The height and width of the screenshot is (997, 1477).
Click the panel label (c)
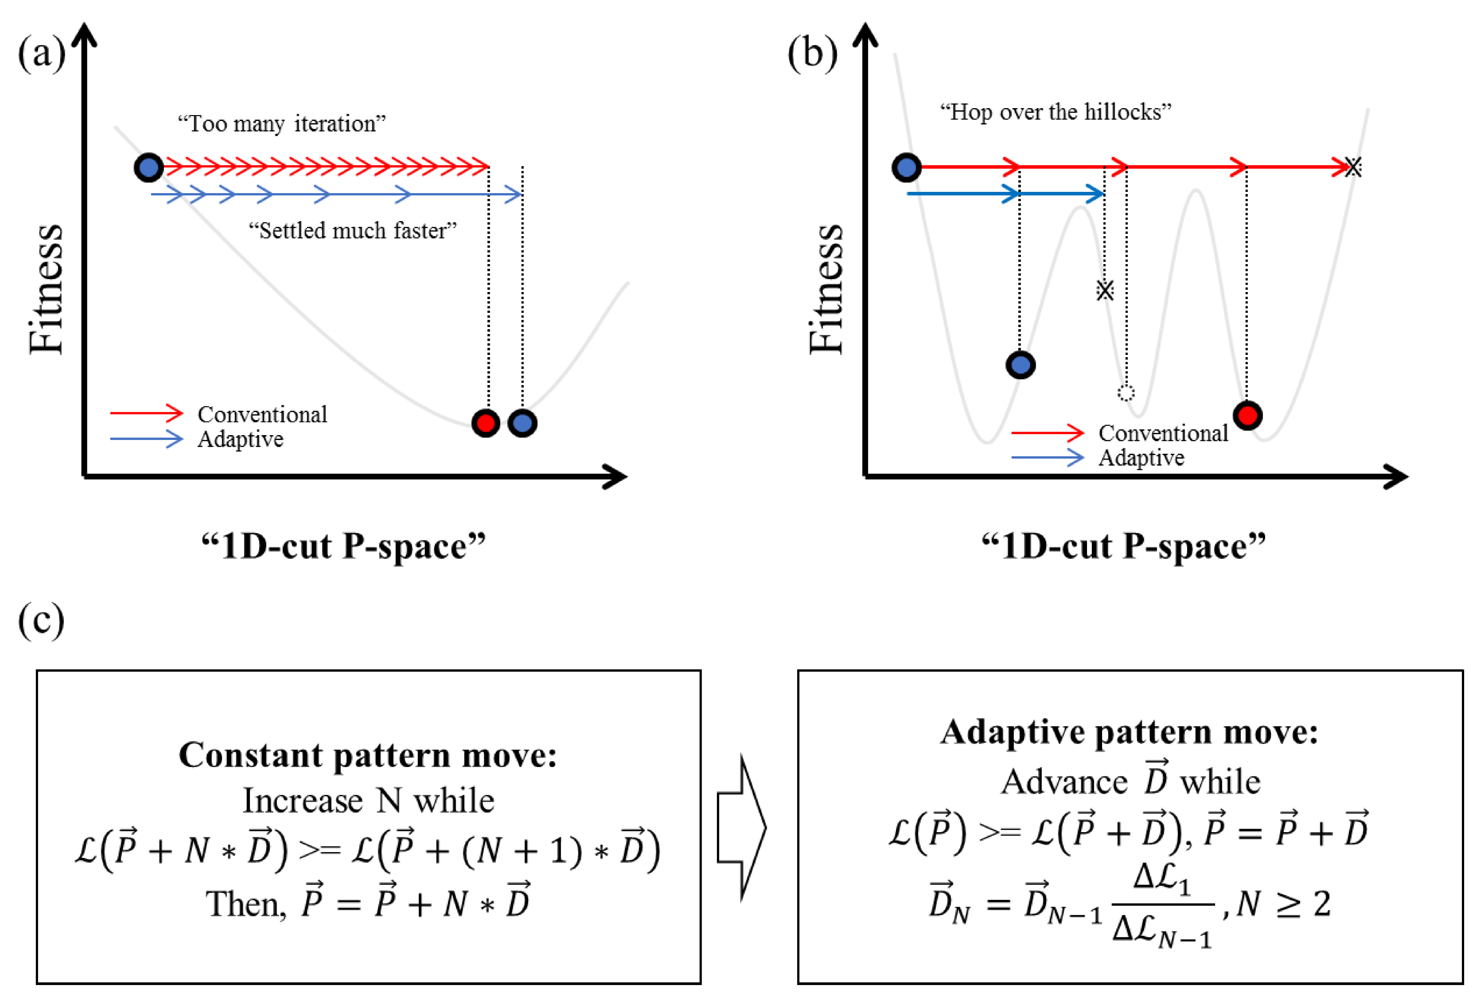pos(41,619)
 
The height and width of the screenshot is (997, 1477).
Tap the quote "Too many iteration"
pos(281,123)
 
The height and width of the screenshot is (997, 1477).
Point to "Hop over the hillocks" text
pos(1056,112)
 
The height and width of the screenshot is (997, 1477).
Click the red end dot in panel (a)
pos(486,423)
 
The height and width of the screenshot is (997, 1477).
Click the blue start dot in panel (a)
pos(149,168)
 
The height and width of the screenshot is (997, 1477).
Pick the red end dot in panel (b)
pos(1247,416)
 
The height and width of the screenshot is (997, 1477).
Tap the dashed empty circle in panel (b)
pos(1126,393)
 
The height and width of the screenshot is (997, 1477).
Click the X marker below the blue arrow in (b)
pos(1105,290)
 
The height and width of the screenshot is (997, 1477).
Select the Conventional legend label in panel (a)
pos(262,414)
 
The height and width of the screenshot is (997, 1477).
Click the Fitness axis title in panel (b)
pos(826,289)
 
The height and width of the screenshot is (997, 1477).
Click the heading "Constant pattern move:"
pos(368,756)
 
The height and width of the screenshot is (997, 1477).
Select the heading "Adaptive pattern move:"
pos(1130,732)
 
